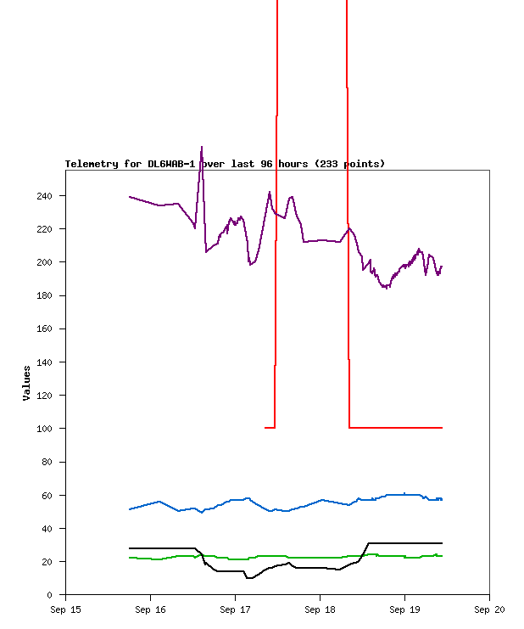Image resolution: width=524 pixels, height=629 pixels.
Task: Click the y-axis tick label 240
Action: click(x=44, y=196)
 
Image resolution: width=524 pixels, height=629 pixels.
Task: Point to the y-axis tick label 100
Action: click(x=44, y=429)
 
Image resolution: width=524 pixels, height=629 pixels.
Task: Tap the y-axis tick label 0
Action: click(x=50, y=595)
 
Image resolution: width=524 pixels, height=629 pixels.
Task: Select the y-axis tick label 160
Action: click(x=44, y=329)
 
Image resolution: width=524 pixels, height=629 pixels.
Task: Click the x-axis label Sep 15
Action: click(x=65, y=609)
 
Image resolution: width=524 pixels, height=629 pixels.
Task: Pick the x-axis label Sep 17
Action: click(x=235, y=609)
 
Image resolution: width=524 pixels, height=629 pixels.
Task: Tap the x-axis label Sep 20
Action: click(x=489, y=609)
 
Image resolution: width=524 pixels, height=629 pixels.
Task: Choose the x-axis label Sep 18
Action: click(x=320, y=609)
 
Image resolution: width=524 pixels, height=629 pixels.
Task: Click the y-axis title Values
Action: click(x=27, y=383)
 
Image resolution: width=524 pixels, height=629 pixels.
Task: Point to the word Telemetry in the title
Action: click(x=92, y=164)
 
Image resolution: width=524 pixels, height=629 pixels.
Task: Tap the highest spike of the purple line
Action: click(x=201, y=147)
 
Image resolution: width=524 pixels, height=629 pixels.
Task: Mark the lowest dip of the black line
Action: click(x=248, y=578)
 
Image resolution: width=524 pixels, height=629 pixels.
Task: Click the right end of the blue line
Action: click(x=442, y=499)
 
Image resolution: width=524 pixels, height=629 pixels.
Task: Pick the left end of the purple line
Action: click(x=130, y=197)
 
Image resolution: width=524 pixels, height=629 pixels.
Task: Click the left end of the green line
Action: click(x=130, y=558)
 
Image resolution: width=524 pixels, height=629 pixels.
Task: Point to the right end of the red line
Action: click(x=442, y=428)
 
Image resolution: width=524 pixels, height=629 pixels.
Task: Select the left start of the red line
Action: click(x=265, y=428)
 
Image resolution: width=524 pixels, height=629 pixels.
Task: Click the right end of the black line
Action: click(x=442, y=542)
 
